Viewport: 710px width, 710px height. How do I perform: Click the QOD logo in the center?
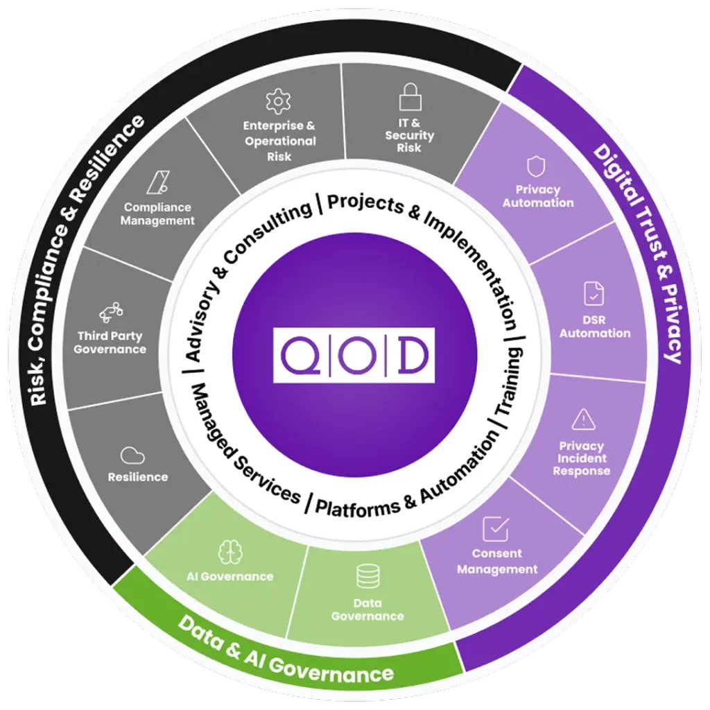click(354, 355)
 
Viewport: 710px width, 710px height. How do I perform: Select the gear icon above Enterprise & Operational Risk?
click(279, 101)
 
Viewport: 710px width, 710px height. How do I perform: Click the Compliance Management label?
click(158, 214)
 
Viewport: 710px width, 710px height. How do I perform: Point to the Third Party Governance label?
click(110, 343)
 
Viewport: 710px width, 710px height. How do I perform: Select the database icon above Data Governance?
click(367, 577)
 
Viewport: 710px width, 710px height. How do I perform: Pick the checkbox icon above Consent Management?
click(495, 528)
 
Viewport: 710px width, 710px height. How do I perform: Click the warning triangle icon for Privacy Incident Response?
click(583, 419)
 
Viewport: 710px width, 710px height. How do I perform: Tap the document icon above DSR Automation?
click(594, 294)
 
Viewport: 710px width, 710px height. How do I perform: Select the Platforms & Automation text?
click(402, 485)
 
